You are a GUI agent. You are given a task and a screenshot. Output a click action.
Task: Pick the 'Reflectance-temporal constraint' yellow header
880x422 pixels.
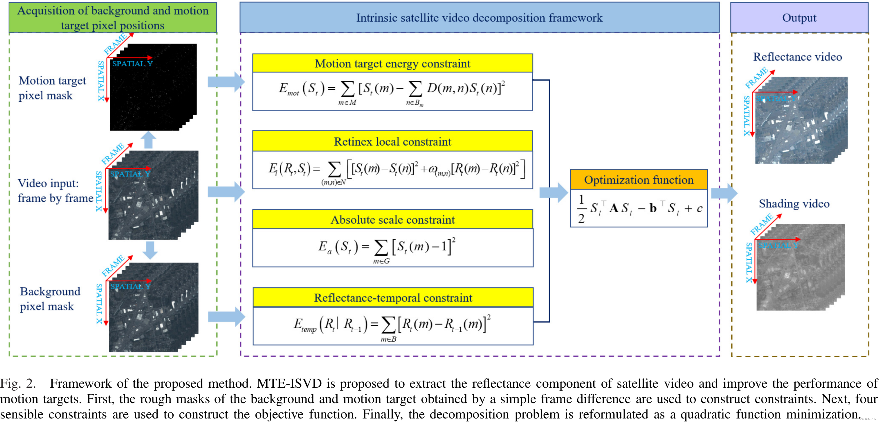coord(393,298)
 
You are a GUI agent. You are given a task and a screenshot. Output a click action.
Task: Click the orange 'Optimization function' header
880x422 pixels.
coord(638,180)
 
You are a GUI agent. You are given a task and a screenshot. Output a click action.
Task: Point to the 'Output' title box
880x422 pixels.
coord(799,18)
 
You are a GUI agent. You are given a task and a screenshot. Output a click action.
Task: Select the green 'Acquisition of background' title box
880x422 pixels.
coord(113,18)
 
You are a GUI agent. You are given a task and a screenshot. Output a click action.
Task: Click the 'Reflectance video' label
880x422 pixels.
coord(797,57)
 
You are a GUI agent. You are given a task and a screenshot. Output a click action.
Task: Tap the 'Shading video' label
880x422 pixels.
coord(794,203)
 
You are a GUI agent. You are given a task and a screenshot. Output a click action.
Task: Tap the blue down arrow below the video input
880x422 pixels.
coord(150,250)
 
